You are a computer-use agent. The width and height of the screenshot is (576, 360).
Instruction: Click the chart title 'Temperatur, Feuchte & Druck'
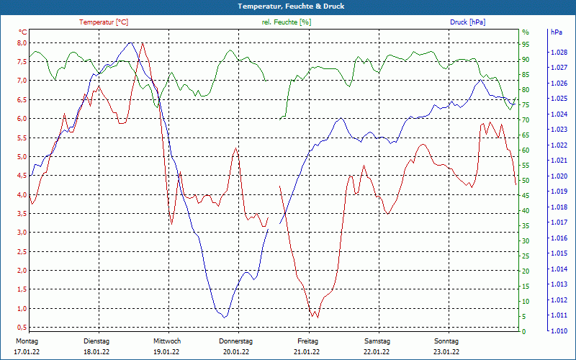click(x=287, y=6)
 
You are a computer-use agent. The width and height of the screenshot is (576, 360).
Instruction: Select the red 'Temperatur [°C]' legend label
click(x=104, y=22)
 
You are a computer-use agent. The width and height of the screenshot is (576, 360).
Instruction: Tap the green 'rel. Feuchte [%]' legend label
click(x=286, y=22)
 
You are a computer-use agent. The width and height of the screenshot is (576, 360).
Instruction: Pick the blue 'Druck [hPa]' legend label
click(x=467, y=22)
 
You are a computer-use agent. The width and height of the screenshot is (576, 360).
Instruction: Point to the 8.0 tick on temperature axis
click(x=22, y=42)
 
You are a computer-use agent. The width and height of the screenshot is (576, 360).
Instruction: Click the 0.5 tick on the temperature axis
click(x=22, y=328)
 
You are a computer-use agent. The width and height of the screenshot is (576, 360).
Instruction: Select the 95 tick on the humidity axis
click(x=526, y=43)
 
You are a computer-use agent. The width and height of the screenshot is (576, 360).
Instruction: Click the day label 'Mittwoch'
click(x=166, y=341)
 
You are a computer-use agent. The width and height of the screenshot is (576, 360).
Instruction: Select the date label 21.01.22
click(x=307, y=352)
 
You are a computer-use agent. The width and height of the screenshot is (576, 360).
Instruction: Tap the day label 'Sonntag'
click(x=446, y=341)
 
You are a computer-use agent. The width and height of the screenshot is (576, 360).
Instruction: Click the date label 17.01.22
click(x=27, y=352)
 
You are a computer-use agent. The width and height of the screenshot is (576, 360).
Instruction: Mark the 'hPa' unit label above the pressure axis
click(x=557, y=32)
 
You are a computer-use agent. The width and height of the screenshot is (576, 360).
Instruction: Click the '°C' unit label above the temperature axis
click(x=23, y=32)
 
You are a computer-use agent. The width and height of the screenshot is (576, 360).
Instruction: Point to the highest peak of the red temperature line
click(x=143, y=43)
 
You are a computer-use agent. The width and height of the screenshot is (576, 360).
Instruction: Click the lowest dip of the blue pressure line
click(x=225, y=318)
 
